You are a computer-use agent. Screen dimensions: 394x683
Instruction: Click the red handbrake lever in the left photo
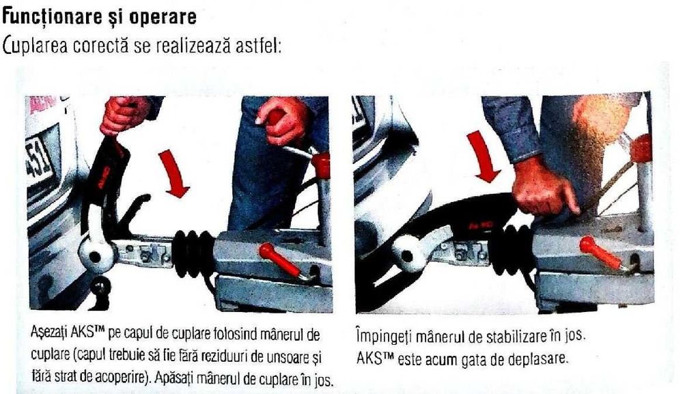[x=279, y=260]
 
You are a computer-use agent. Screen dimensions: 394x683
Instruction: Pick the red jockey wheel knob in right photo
[x=641, y=147]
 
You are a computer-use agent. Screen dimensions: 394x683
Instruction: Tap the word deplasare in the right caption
[x=539, y=358]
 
